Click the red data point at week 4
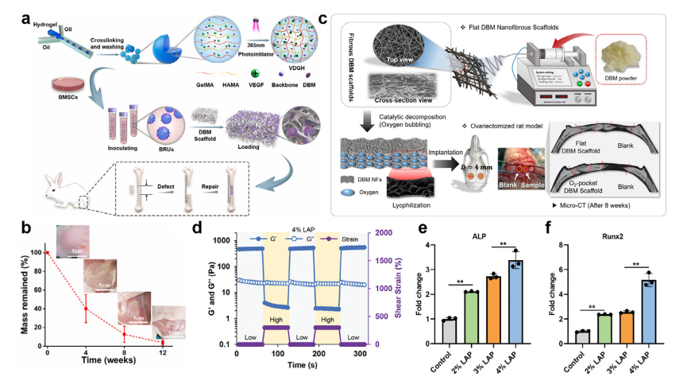pos(85,309)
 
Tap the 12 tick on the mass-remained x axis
pos(163,352)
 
